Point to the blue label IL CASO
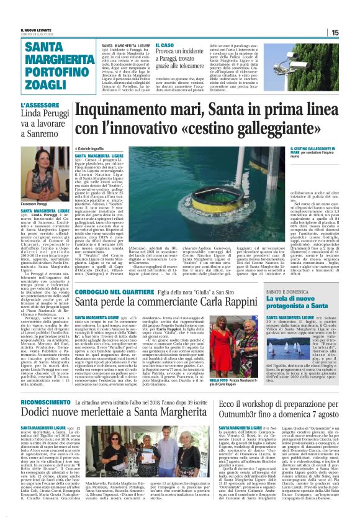click(x=165, y=45)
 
